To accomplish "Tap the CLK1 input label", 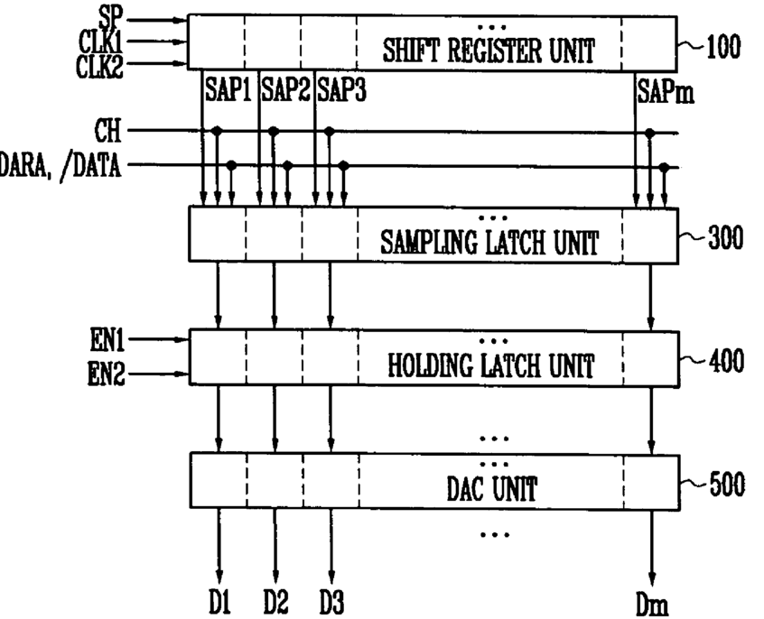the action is click(100, 42).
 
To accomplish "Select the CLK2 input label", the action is click(100, 66).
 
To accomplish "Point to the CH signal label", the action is click(107, 131).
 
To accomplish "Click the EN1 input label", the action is click(107, 339).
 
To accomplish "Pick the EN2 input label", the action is click(107, 374).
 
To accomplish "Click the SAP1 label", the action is click(228, 89).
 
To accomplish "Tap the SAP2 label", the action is click(285, 89).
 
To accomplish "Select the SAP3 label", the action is click(341, 90).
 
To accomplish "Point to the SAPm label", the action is click(666, 90).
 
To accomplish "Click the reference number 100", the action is click(723, 47).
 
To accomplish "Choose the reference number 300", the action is click(725, 238).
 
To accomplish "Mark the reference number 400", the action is click(726, 361).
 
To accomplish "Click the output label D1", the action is click(219, 602).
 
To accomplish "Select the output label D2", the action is click(275, 602).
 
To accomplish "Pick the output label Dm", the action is click(652, 605).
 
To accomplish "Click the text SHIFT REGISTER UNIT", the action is click(489, 51).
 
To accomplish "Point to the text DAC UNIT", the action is click(492, 488).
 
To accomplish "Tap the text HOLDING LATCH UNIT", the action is click(491, 365).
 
